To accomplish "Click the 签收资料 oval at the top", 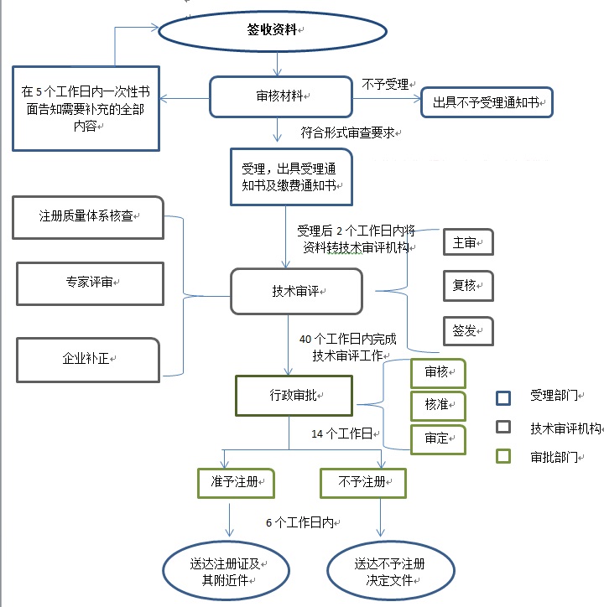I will (x=273, y=30).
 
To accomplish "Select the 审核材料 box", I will (x=279, y=97).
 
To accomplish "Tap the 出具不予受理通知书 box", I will (x=487, y=102).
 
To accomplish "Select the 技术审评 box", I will (x=296, y=291).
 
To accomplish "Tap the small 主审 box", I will (x=467, y=242).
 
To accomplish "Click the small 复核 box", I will (x=467, y=285).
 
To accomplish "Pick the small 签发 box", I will (x=467, y=331).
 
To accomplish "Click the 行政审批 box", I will (x=294, y=395).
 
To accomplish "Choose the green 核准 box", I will (x=437, y=404).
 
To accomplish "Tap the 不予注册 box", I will (x=362, y=482).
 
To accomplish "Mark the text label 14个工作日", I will (x=341, y=433).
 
